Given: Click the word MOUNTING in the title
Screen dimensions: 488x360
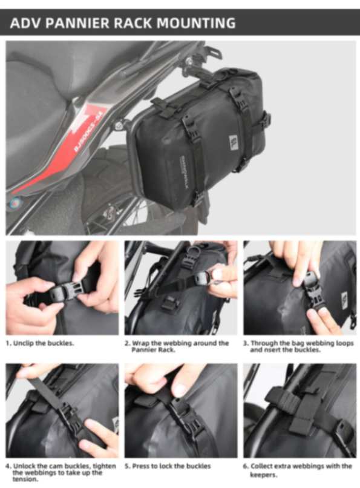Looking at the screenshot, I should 196,24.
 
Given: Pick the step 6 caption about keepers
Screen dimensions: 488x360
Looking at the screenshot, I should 298,469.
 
